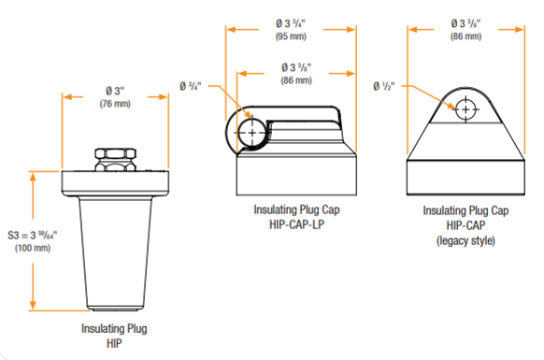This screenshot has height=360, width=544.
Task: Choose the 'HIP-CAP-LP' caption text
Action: coord(293,225)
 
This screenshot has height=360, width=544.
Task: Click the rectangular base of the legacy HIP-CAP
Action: coord(465,172)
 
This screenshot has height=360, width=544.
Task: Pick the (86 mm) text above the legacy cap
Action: coord(465,36)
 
